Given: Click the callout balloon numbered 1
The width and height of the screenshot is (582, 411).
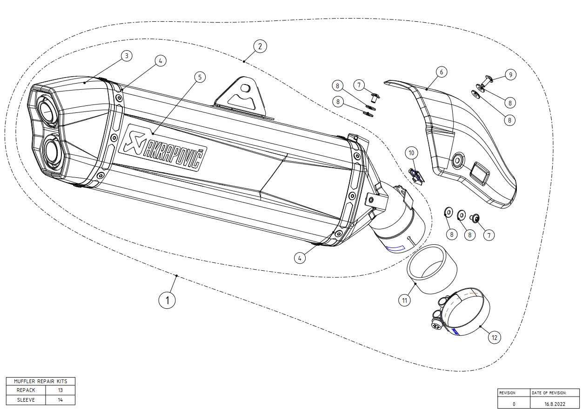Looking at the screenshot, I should click(x=167, y=300).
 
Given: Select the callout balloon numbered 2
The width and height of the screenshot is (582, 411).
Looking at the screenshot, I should click(x=260, y=46).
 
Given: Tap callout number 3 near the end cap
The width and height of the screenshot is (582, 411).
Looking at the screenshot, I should click(x=126, y=56).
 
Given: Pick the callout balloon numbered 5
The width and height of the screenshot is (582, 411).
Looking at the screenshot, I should click(x=199, y=77).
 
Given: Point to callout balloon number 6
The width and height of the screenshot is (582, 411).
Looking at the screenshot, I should click(x=442, y=72).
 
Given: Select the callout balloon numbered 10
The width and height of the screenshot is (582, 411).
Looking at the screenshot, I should click(x=411, y=152).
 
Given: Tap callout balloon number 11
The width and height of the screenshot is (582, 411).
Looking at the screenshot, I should click(x=405, y=300).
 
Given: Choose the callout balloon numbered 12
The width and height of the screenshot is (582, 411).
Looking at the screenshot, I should click(x=495, y=338).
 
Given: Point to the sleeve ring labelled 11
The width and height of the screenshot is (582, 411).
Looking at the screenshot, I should click(x=431, y=269).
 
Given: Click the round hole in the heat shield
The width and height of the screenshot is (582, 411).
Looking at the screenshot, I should click(x=457, y=161).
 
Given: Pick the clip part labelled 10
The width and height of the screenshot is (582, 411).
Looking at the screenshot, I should click(x=416, y=176).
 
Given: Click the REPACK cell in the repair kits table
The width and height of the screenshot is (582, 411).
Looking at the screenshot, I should click(x=26, y=390).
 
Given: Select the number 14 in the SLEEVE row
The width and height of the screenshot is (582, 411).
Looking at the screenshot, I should click(x=60, y=400).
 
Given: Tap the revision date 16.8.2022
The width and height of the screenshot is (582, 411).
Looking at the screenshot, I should click(x=555, y=404).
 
